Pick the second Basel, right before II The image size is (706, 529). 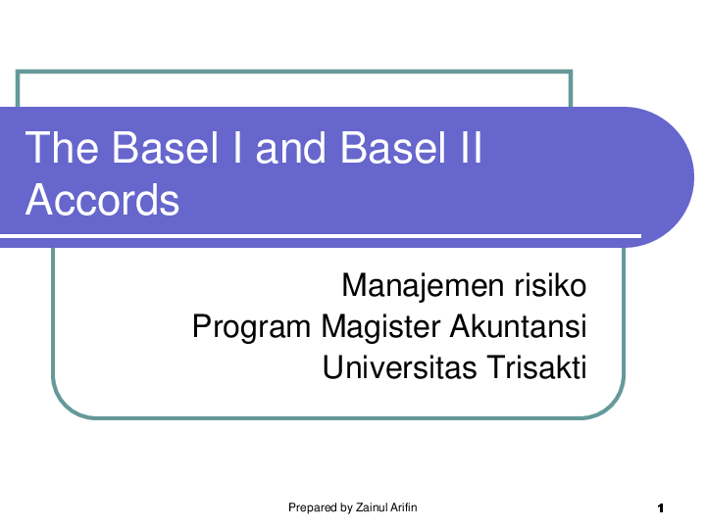tap(385, 149)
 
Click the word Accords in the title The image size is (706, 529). tap(102, 200)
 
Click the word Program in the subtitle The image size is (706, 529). tap(251, 326)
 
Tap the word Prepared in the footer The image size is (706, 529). tap(311, 507)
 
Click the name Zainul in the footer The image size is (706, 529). tap(372, 507)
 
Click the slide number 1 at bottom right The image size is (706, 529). tap(662, 508)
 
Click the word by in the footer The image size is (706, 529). tap(345, 507)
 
